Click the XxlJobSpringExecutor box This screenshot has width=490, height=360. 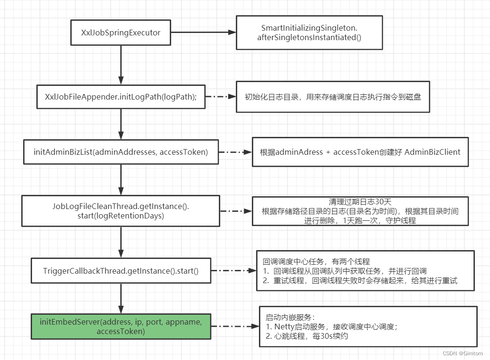click(120, 33)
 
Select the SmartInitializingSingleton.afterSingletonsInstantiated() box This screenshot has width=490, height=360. click(309, 33)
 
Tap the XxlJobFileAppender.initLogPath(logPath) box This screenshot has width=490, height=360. click(121, 96)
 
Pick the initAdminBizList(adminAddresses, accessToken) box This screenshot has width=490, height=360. click(121, 152)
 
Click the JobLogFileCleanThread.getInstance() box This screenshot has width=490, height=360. click(121, 211)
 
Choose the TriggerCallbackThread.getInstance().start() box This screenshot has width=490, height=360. click(121, 271)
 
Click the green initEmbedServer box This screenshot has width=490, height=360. click(121, 327)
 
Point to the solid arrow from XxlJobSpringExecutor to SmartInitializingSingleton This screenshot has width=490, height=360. click(203, 33)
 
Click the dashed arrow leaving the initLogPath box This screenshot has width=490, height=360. click(220, 96)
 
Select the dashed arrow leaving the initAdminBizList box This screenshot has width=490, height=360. click(235, 152)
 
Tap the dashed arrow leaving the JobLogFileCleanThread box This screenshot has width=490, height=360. click(236, 211)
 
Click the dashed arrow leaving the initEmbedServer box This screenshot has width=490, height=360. click(234, 327)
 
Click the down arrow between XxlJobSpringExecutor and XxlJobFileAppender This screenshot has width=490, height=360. click(121, 64)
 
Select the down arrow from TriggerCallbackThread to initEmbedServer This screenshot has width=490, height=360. click(121, 298)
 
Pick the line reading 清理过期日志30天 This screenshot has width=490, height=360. click(360, 202)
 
